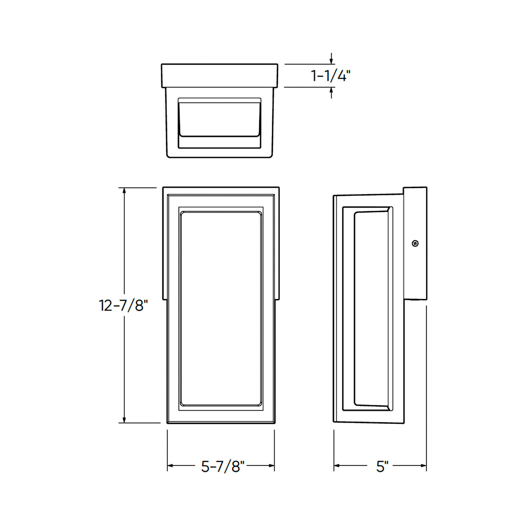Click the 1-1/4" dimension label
tap(330, 76)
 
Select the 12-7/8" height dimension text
tap(123, 305)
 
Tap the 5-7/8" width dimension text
tap(222, 466)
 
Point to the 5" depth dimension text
tap(382, 466)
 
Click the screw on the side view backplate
tap(415, 243)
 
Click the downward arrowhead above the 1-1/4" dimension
tap(331, 61)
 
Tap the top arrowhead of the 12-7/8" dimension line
tap(124, 191)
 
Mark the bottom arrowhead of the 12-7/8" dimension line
tap(124, 420)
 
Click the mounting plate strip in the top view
tap(219, 76)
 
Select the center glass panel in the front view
tap(221, 308)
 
